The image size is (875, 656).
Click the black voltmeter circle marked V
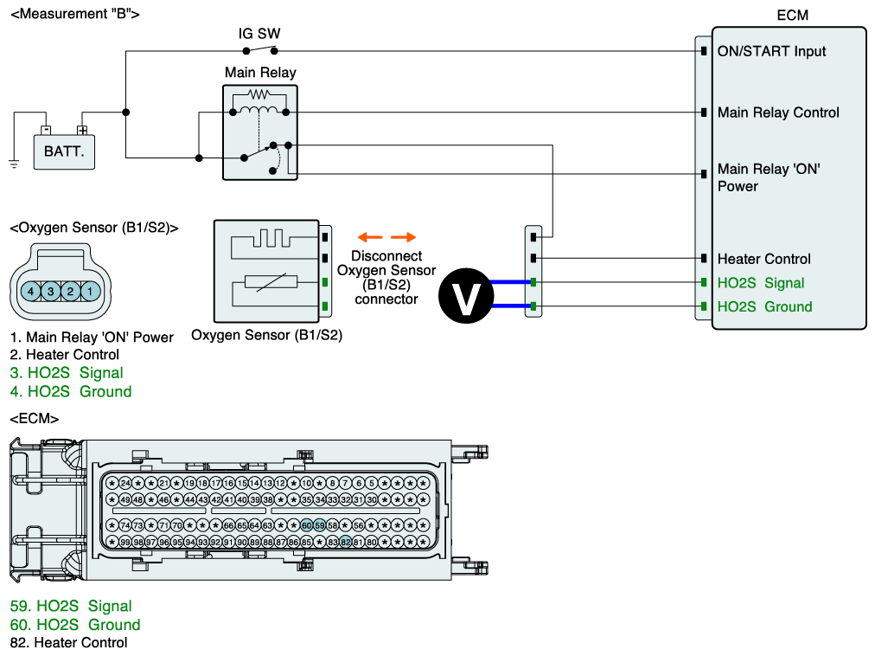(468, 294)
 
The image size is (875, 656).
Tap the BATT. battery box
(65, 156)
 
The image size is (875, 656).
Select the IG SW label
(259, 35)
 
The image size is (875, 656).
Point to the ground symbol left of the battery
(14, 163)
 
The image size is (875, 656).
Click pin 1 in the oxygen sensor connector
(90, 293)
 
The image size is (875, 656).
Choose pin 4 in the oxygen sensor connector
(30, 293)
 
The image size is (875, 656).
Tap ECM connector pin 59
(319, 525)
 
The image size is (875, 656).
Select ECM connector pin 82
(345, 542)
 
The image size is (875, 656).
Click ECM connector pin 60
(306, 525)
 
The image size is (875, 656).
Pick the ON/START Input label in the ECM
(771, 51)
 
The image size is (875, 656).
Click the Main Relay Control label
(778, 113)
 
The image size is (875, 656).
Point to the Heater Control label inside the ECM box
(763, 259)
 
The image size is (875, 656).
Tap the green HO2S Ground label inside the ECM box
(764, 306)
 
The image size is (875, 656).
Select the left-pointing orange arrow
(370, 237)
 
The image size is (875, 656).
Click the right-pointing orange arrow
(403, 237)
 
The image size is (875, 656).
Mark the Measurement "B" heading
(74, 14)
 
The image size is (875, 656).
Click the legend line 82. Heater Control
(68, 643)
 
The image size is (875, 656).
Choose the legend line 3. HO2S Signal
(67, 373)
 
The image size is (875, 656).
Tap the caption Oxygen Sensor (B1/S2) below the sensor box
(266, 335)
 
